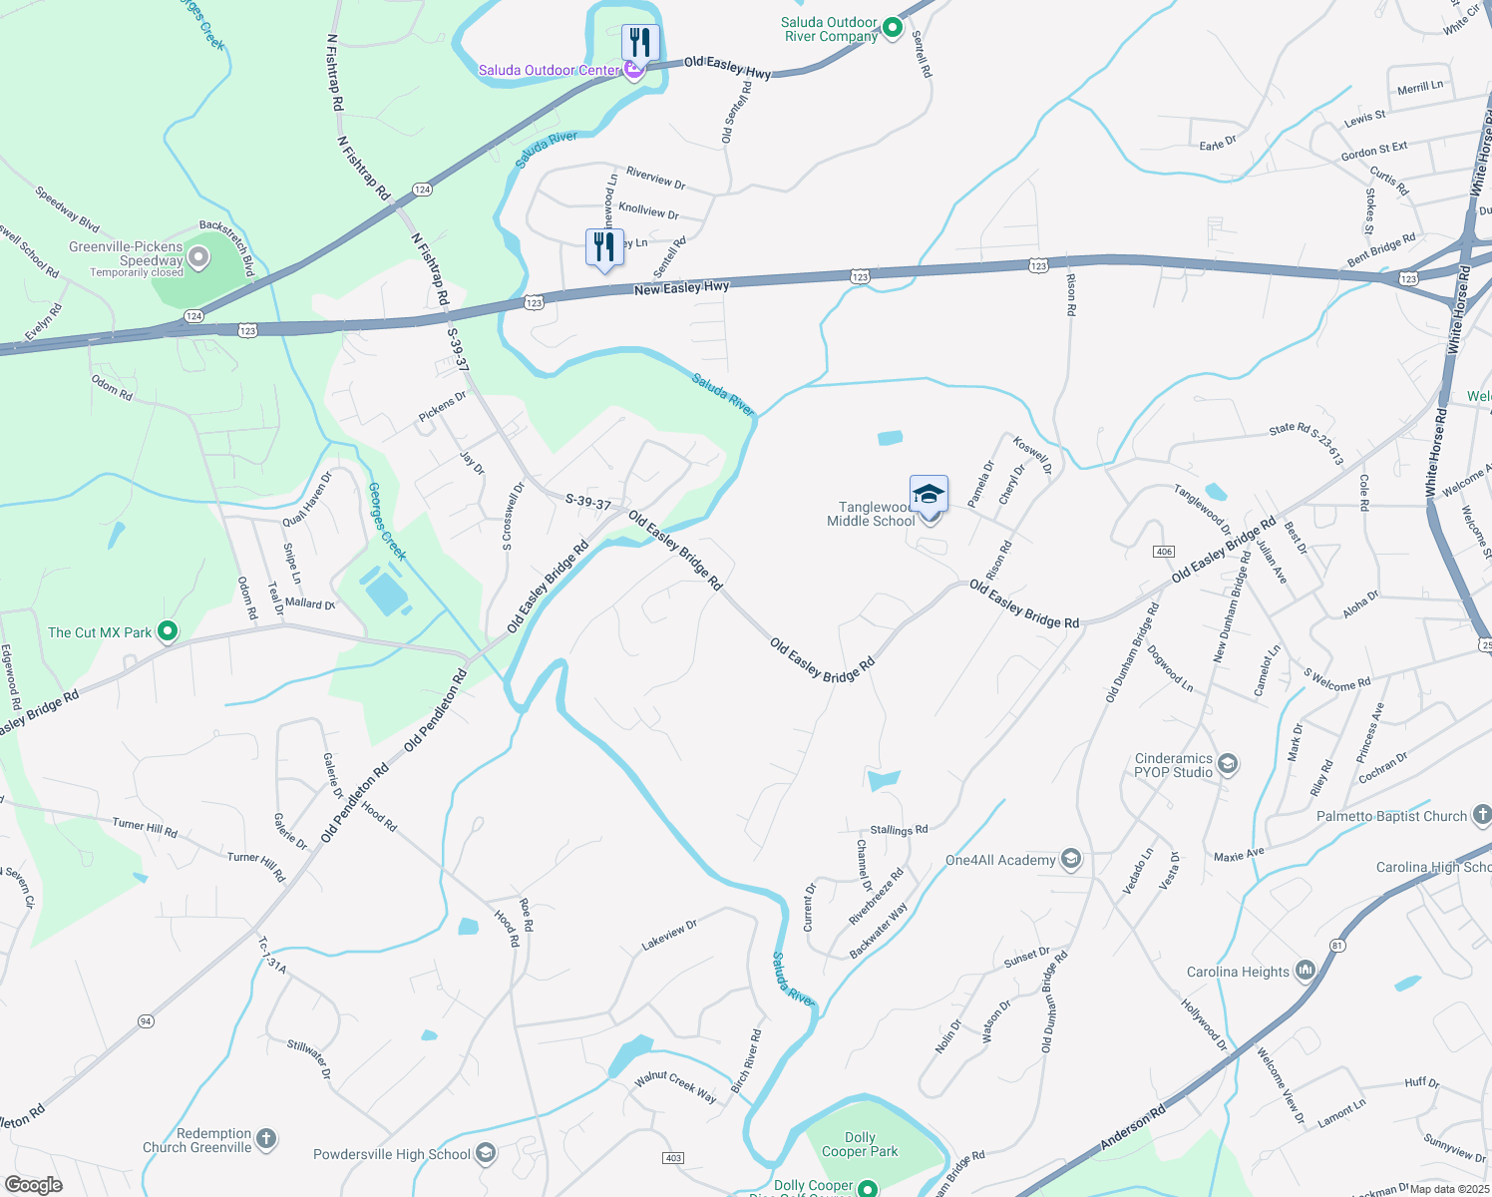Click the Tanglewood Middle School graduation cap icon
click(929, 495)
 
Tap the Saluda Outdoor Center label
click(549, 70)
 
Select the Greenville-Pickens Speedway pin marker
click(198, 258)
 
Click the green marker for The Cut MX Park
click(168, 631)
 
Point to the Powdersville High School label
click(391, 1154)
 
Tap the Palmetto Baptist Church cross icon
click(1481, 816)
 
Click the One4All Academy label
click(1000, 860)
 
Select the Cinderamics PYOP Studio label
click(1174, 765)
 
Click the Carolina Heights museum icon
click(1305, 971)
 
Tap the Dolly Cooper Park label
click(860, 1144)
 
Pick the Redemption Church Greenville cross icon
click(265, 1138)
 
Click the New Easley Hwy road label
click(682, 288)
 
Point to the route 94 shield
click(147, 1021)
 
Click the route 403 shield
click(673, 1158)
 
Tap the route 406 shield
click(1163, 552)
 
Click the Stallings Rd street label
click(899, 830)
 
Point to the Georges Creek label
click(387, 522)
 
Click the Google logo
click(33, 1184)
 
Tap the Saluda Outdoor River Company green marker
click(893, 29)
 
